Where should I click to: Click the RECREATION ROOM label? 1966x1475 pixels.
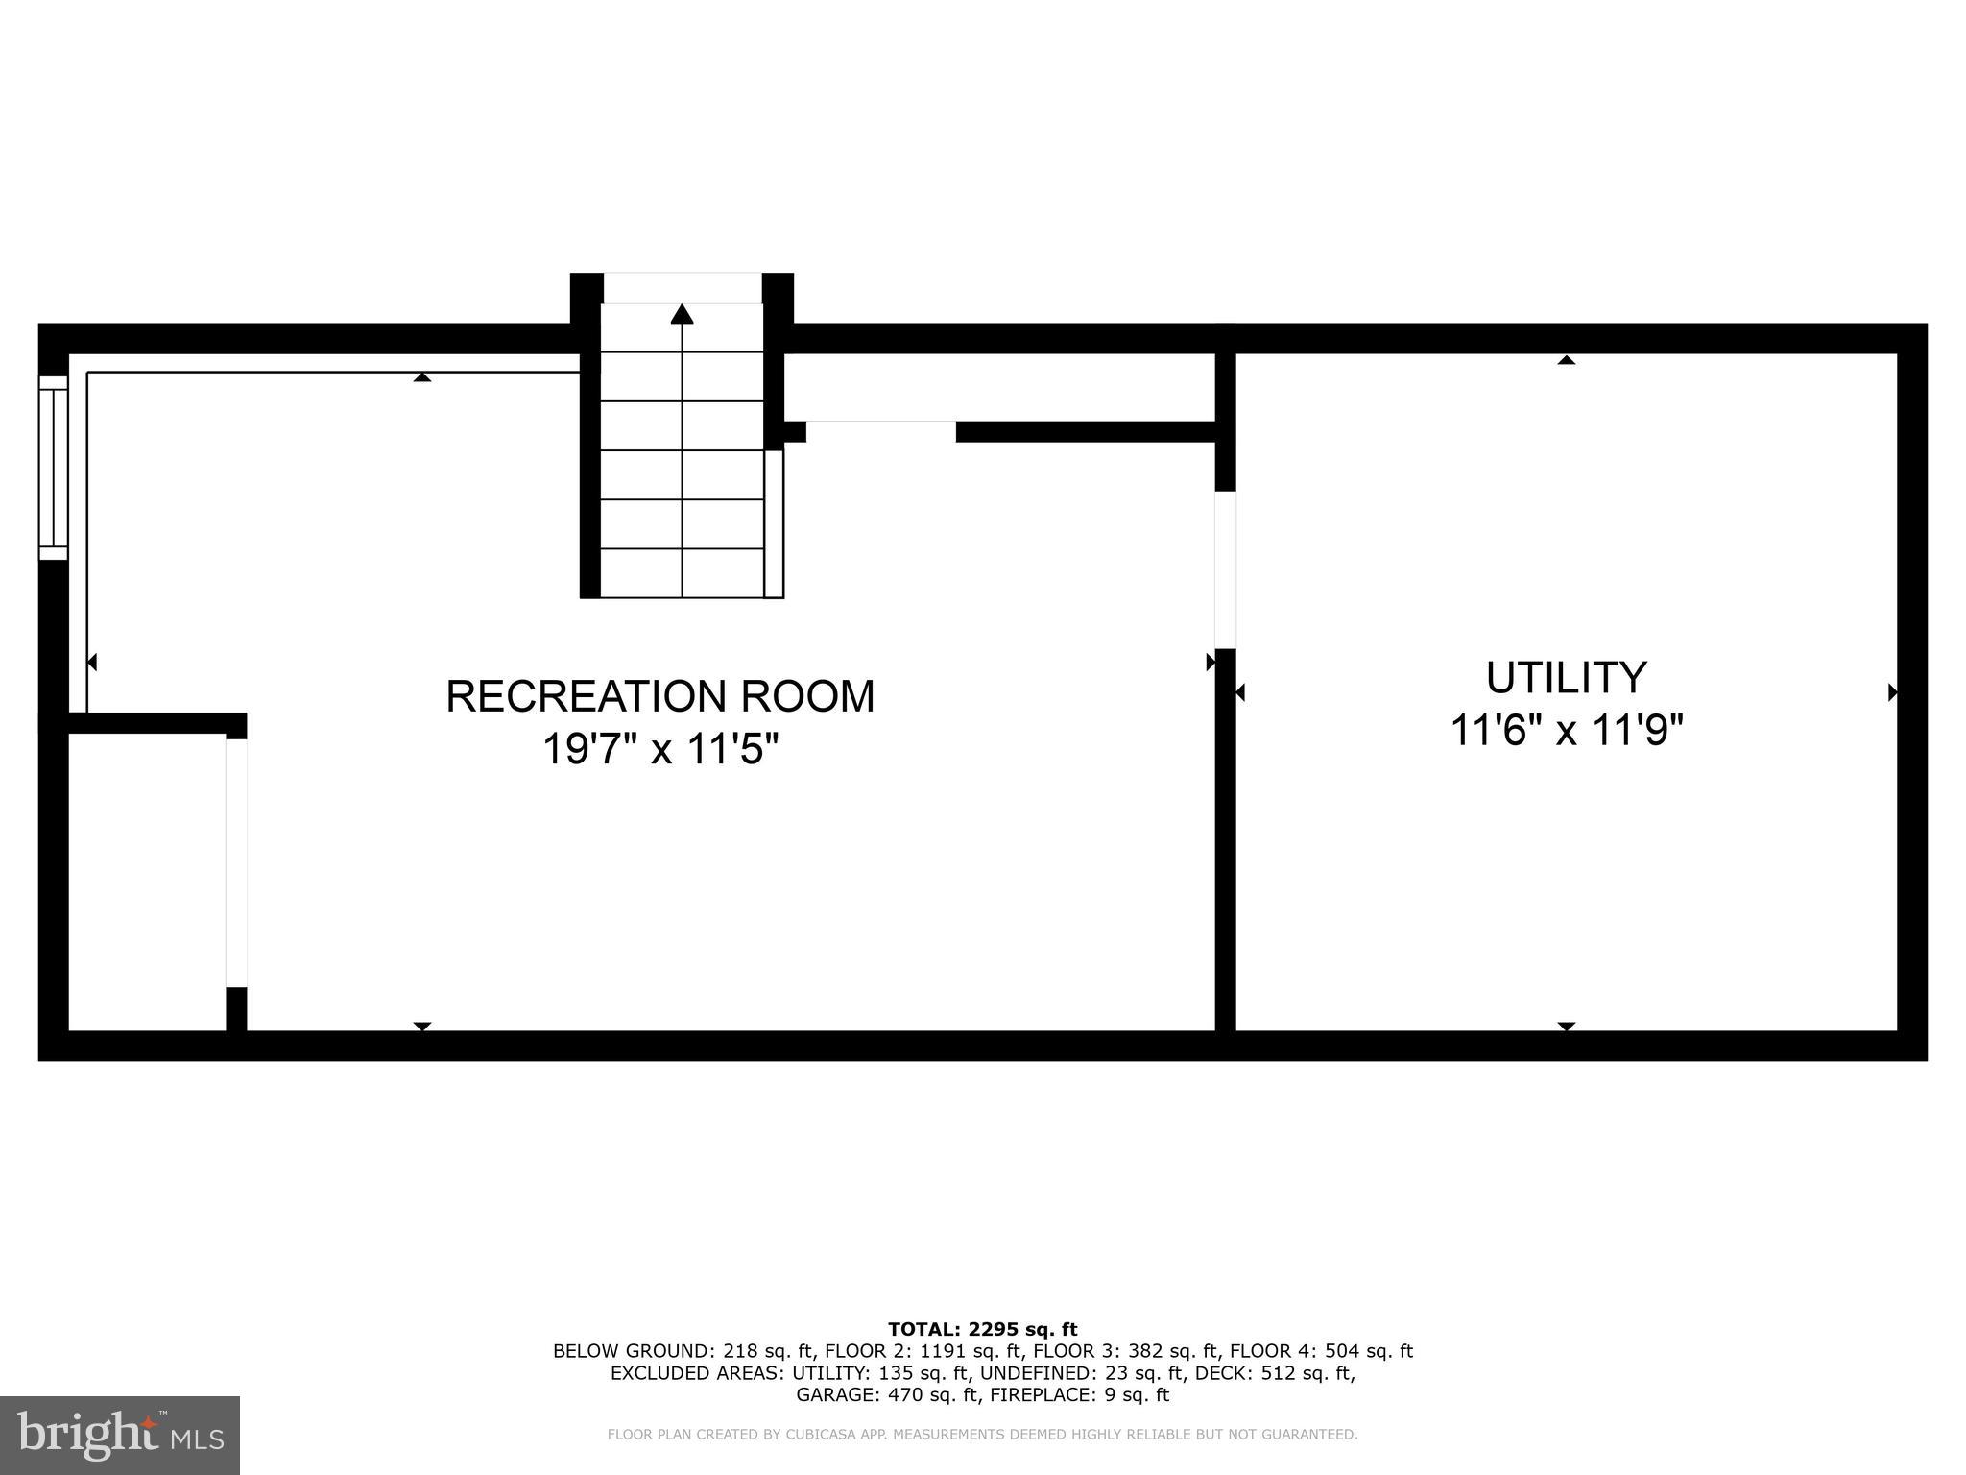click(x=660, y=696)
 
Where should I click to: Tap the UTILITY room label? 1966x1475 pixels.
click(x=1566, y=678)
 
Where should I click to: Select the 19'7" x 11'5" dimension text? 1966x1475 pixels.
click(x=660, y=749)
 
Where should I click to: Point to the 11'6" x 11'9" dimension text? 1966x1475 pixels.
click(x=1566, y=732)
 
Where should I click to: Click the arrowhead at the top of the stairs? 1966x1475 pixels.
click(x=682, y=314)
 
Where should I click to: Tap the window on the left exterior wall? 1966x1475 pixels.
click(x=53, y=468)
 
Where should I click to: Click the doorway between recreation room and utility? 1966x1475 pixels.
click(x=1225, y=569)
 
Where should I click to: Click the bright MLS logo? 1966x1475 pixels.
click(x=119, y=1436)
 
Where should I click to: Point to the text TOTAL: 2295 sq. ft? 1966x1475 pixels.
click(x=982, y=1329)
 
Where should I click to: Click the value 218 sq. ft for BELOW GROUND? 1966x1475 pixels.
click(x=768, y=1351)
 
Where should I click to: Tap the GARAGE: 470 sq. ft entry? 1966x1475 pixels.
click(x=887, y=1395)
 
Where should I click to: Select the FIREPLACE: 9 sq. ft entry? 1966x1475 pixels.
click(x=1080, y=1395)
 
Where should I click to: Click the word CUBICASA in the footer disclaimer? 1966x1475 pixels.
click(x=823, y=1435)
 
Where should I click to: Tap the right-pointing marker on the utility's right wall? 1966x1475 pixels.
click(x=1892, y=691)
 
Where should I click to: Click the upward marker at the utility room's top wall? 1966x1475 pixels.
click(x=1566, y=360)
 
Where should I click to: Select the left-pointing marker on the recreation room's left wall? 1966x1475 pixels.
click(x=92, y=662)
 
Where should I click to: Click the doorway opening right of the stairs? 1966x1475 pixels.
click(x=880, y=431)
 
